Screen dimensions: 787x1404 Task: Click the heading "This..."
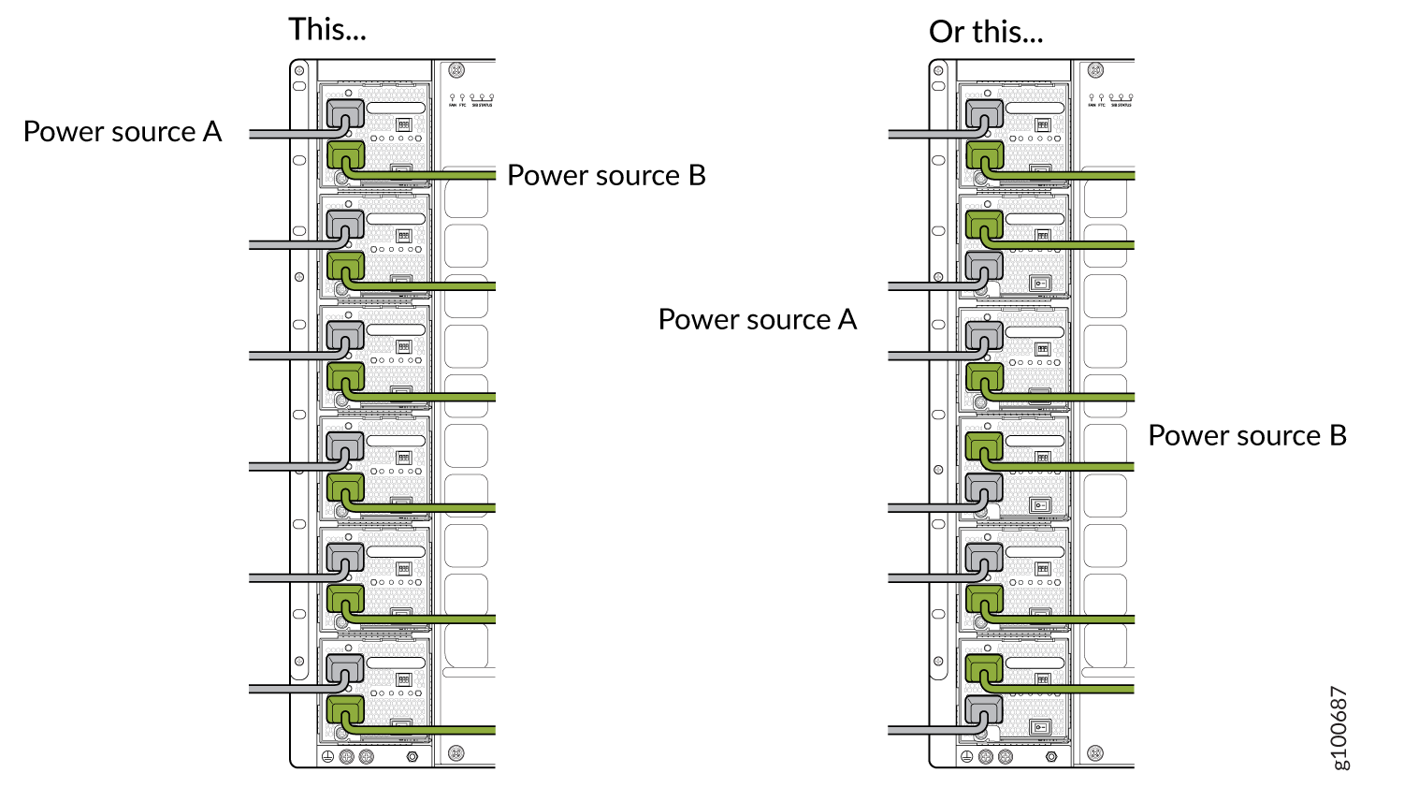pos(326,29)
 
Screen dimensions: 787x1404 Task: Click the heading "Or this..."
pos(985,32)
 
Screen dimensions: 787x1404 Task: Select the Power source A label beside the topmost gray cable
pos(122,132)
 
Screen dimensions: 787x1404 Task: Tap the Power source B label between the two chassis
pos(606,176)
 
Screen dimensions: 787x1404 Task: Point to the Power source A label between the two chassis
pos(757,320)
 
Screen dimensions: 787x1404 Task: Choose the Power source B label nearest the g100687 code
pos(1247,436)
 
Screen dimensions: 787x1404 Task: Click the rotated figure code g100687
pos(1339,728)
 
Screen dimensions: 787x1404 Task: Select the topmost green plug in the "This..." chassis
pos(345,155)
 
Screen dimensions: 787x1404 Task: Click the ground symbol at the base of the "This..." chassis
pos(327,756)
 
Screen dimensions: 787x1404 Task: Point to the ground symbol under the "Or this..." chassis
pos(967,756)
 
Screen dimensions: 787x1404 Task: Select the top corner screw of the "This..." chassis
pos(456,70)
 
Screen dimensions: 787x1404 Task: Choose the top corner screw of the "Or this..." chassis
pos(1095,70)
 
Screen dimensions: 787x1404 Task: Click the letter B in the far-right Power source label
pos(1338,436)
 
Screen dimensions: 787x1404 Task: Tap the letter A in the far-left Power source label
pos(212,132)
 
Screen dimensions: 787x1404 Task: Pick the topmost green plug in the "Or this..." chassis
pos(984,155)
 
